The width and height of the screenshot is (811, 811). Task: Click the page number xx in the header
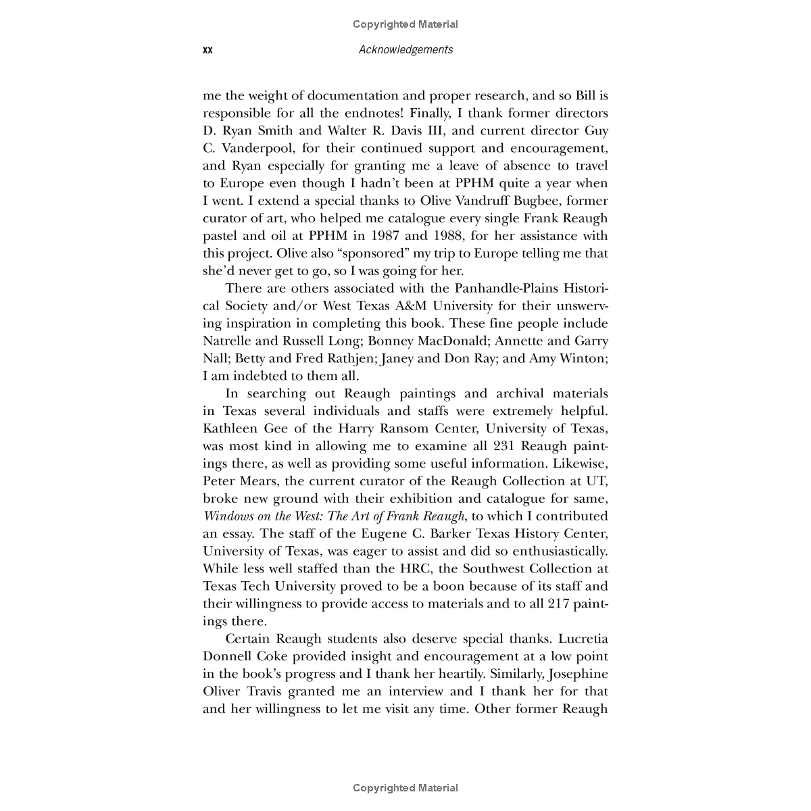207,49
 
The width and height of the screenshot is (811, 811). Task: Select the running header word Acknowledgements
405,49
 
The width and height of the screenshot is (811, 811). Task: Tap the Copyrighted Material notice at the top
405,24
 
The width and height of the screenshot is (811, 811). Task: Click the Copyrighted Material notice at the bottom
405,787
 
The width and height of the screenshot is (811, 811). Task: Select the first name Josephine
578,674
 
